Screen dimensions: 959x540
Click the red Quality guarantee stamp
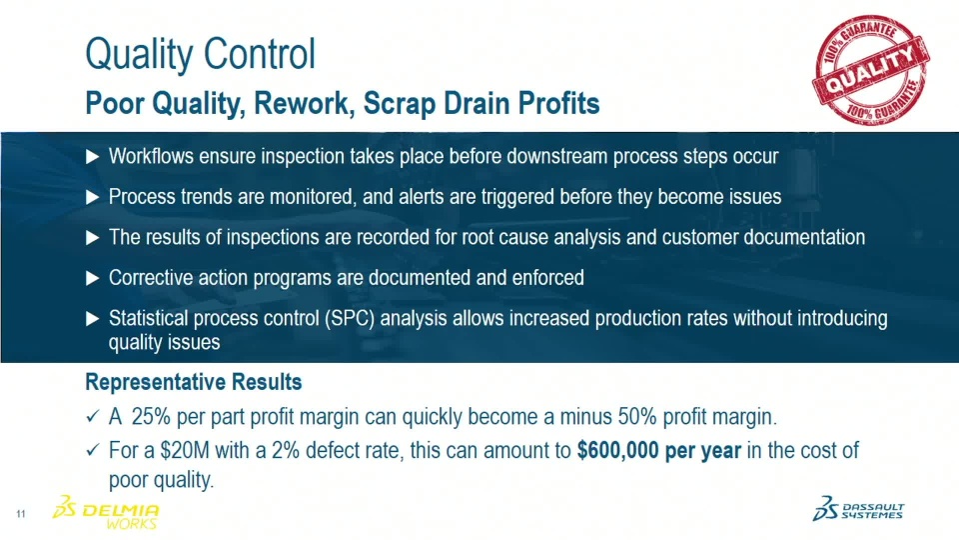point(870,69)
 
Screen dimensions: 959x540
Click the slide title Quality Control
point(200,53)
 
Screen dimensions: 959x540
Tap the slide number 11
point(21,514)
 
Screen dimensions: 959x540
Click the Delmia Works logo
point(106,511)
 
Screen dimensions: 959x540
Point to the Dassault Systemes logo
point(858,509)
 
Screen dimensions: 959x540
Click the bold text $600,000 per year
point(658,451)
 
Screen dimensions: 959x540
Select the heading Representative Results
point(193,382)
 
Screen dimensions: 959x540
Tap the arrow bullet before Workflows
point(92,157)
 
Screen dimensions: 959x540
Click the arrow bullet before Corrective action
point(92,279)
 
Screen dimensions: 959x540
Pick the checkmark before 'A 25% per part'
point(92,417)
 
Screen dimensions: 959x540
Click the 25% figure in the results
point(151,417)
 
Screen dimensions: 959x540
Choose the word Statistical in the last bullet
point(148,318)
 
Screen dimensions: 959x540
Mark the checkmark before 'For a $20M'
point(92,451)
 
